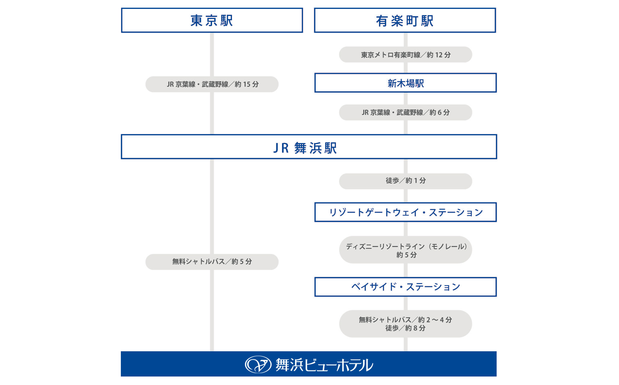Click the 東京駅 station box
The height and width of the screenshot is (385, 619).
212,20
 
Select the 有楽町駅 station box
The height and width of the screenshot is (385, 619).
405,20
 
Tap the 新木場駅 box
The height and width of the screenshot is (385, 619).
405,83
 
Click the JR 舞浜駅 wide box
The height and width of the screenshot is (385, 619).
309,147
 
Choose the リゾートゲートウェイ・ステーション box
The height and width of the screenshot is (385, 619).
405,212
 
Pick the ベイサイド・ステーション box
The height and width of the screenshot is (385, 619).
405,287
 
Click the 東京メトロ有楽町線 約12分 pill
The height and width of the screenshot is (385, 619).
405,54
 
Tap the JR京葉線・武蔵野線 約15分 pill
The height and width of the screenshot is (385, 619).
212,84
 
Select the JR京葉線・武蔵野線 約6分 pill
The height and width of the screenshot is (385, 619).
405,112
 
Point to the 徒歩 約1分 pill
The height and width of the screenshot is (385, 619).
405,181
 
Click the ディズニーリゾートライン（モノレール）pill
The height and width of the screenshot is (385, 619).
405,250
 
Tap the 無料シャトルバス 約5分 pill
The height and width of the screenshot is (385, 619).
212,262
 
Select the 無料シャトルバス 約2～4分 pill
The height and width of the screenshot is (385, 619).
405,323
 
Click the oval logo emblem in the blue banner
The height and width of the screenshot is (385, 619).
258,364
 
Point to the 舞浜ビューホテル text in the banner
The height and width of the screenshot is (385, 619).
324,365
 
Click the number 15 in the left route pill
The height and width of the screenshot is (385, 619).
246,84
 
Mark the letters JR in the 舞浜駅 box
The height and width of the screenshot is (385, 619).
281,148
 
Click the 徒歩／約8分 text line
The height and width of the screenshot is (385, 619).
405,328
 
